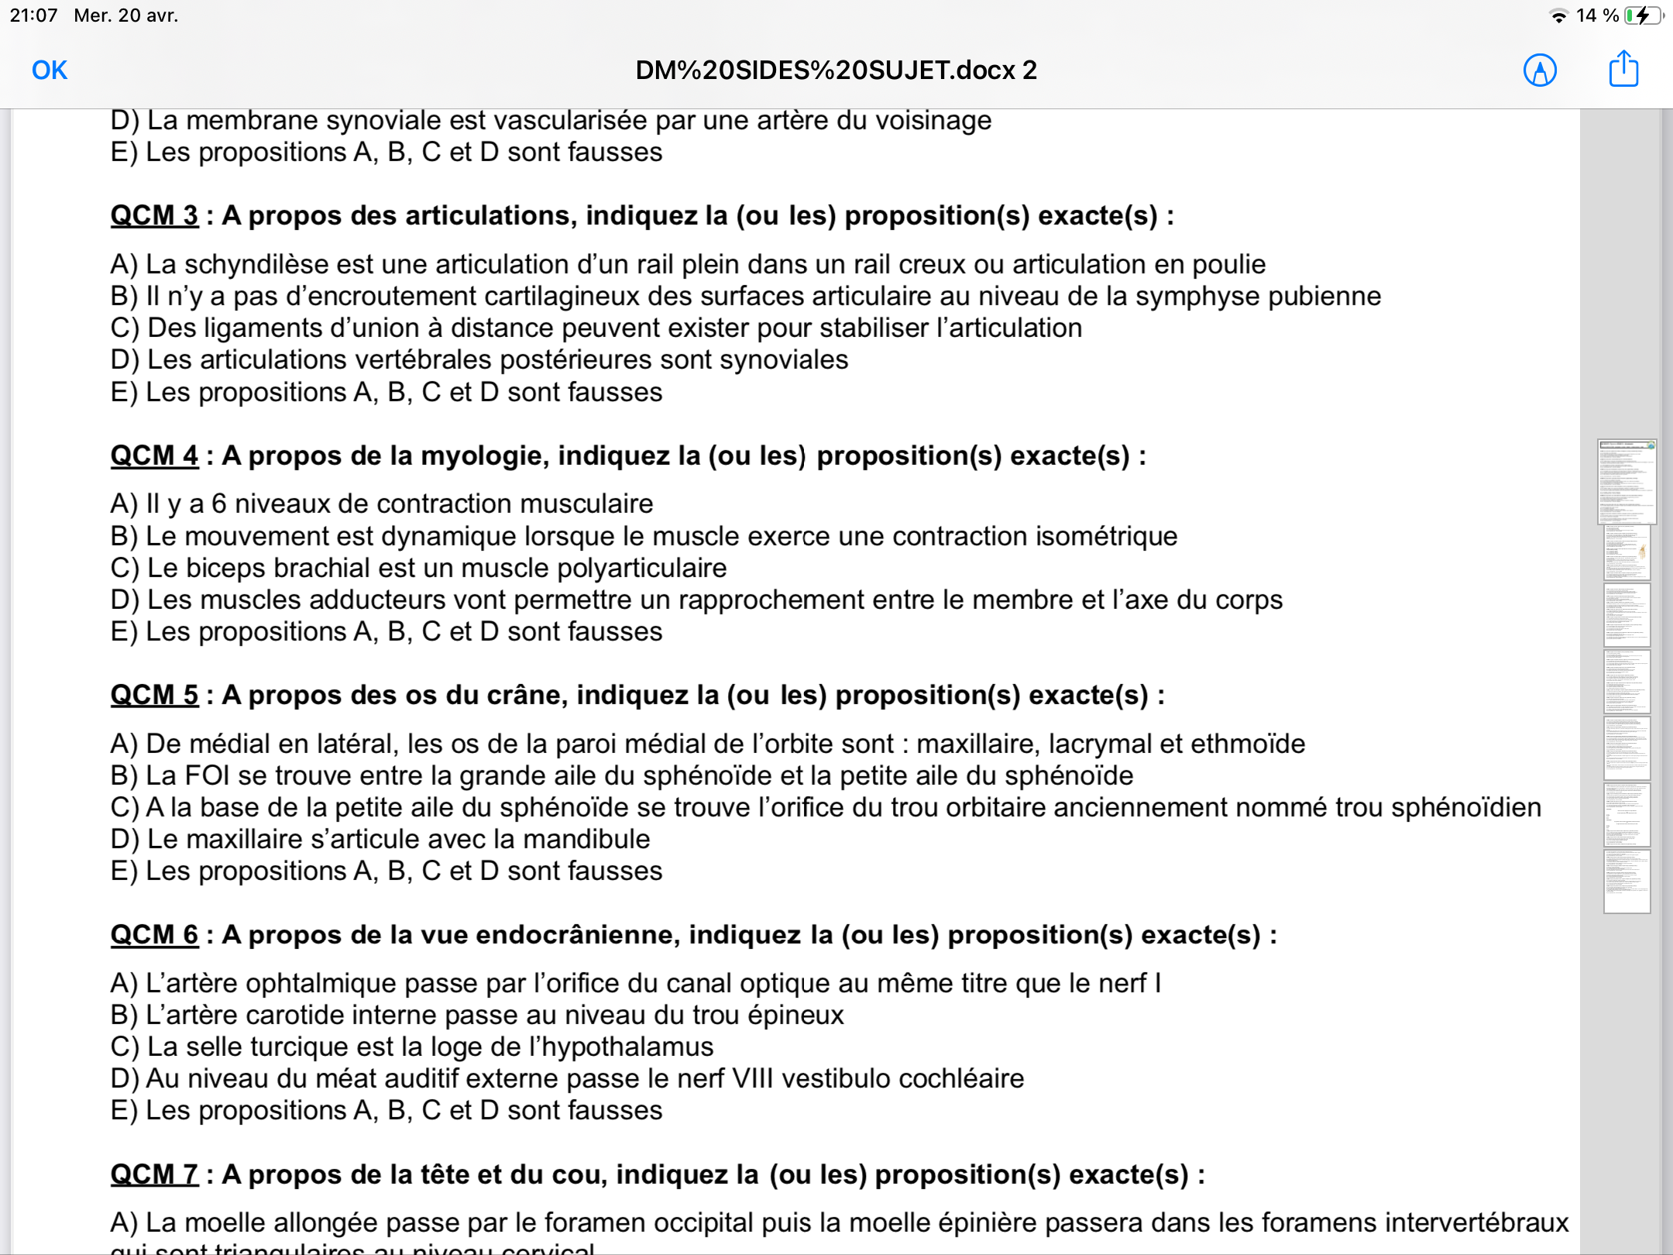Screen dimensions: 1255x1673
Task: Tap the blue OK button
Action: point(50,70)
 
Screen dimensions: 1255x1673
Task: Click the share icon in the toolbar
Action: point(1623,70)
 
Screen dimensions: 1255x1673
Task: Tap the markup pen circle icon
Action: point(1540,70)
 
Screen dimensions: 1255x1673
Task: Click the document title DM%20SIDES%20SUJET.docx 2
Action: point(836,70)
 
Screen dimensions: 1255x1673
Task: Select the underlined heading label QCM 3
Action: point(154,215)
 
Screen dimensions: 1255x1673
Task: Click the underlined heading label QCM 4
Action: point(154,456)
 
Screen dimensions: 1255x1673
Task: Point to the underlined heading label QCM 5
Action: point(154,695)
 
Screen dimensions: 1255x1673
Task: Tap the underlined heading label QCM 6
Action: point(154,935)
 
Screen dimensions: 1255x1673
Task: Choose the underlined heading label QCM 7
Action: point(154,1174)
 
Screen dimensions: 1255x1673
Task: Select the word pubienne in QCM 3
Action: point(1326,297)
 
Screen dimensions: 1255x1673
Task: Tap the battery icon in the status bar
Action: point(1642,15)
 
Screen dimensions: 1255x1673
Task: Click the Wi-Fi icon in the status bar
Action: point(1558,15)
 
